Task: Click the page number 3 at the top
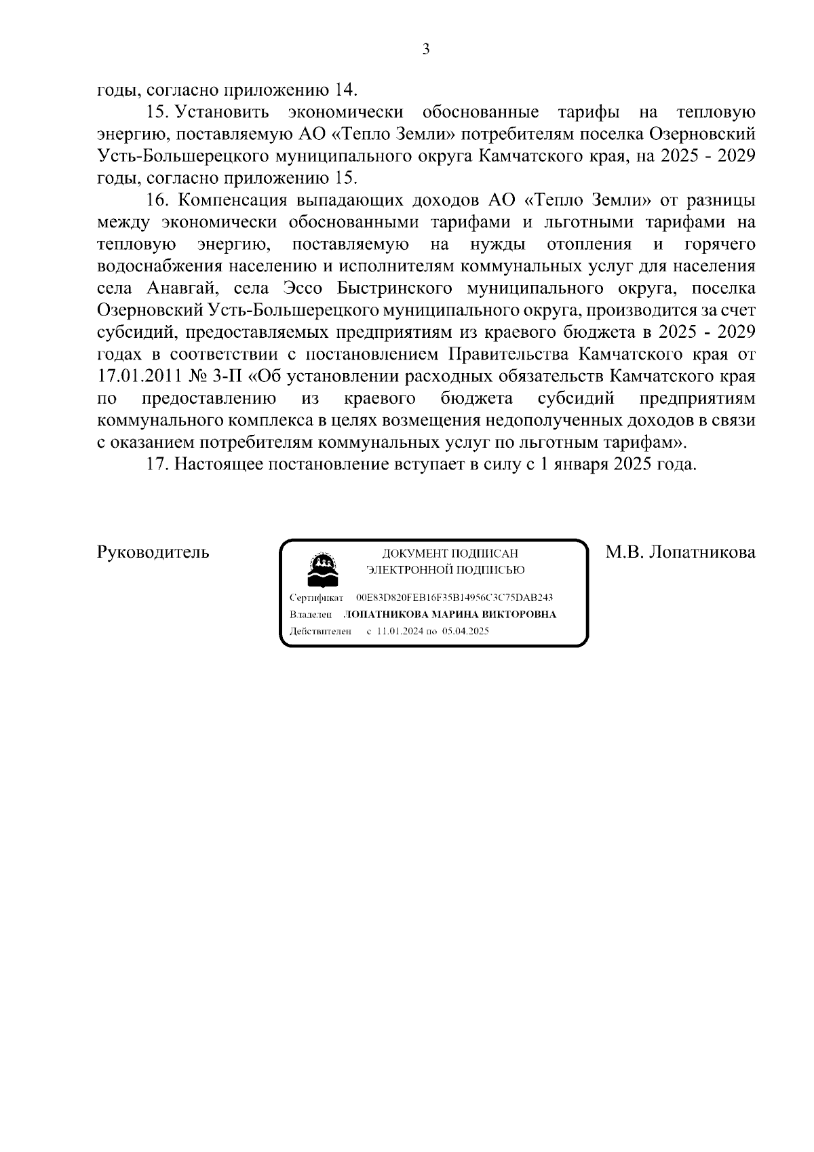[426, 49]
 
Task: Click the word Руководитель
[153, 552]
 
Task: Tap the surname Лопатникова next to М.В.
[702, 552]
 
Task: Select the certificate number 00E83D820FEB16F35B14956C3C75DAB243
[454, 598]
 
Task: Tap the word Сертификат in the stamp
[316, 598]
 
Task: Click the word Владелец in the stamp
[311, 615]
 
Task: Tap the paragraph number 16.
[157, 200]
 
